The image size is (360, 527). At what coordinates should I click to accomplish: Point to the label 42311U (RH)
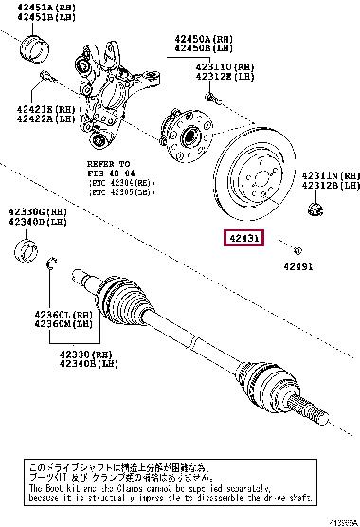[225, 66]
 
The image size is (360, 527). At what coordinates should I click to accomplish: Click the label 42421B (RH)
[36, 110]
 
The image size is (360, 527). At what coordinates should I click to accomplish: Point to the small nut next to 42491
[297, 249]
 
